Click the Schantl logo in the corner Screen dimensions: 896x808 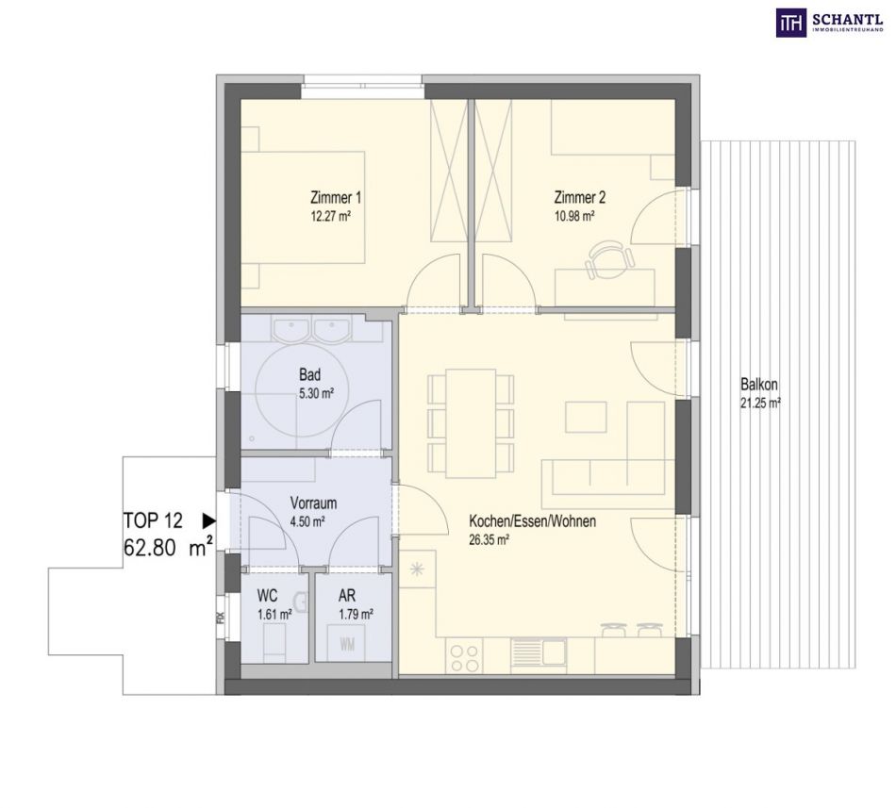(830, 24)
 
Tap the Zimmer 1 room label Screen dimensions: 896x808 (336, 198)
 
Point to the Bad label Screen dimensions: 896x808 (309, 375)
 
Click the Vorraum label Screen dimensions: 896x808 (313, 503)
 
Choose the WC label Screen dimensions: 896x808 (267, 596)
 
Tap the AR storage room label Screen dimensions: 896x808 (347, 596)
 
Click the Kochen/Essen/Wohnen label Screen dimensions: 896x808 (533, 521)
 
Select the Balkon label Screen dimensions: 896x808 (759, 384)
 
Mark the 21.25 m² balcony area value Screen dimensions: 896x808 (760, 404)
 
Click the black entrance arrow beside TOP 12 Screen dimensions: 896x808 (209, 520)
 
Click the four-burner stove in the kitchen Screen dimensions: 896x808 (464, 658)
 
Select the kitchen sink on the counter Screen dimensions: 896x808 (539, 652)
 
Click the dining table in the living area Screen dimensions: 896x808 (471, 423)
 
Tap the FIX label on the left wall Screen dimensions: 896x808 (221, 618)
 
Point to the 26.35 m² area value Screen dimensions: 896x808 (489, 540)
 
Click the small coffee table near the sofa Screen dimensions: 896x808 (586, 417)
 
